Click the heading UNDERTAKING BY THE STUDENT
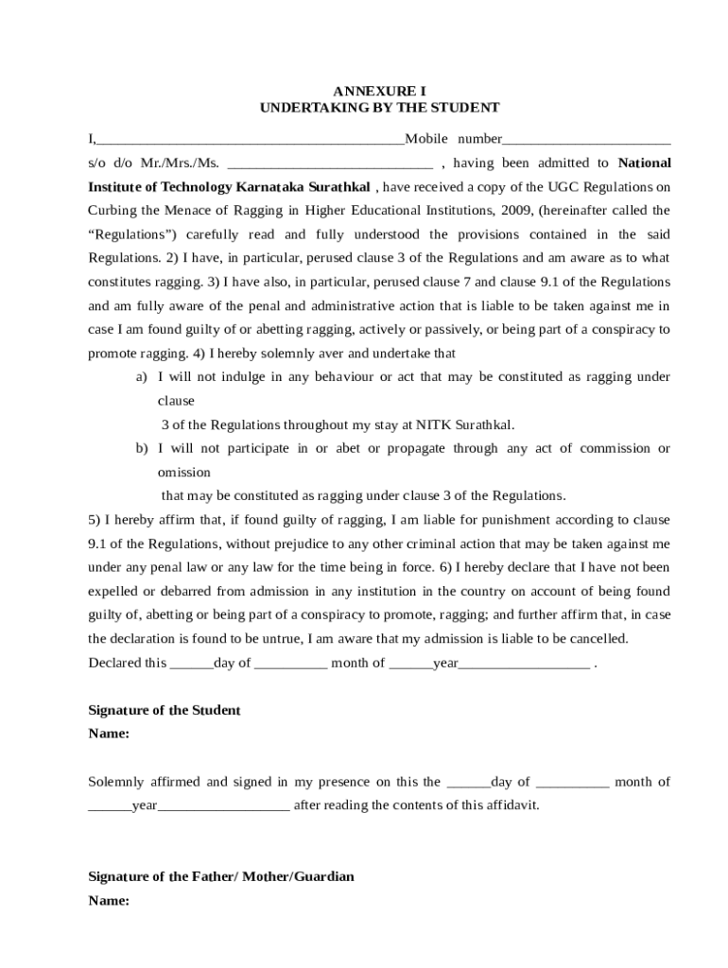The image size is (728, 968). tap(379, 108)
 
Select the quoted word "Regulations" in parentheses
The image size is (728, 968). tap(132, 233)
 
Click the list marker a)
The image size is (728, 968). tap(141, 376)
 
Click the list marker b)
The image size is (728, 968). tap(141, 448)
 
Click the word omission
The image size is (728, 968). tap(183, 472)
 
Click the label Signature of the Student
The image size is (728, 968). tap(165, 709)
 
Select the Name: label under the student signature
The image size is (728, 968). tap(109, 734)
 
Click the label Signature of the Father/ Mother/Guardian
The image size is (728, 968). tap(221, 876)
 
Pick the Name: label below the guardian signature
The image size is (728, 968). tap(109, 901)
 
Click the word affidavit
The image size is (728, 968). tap(511, 805)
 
